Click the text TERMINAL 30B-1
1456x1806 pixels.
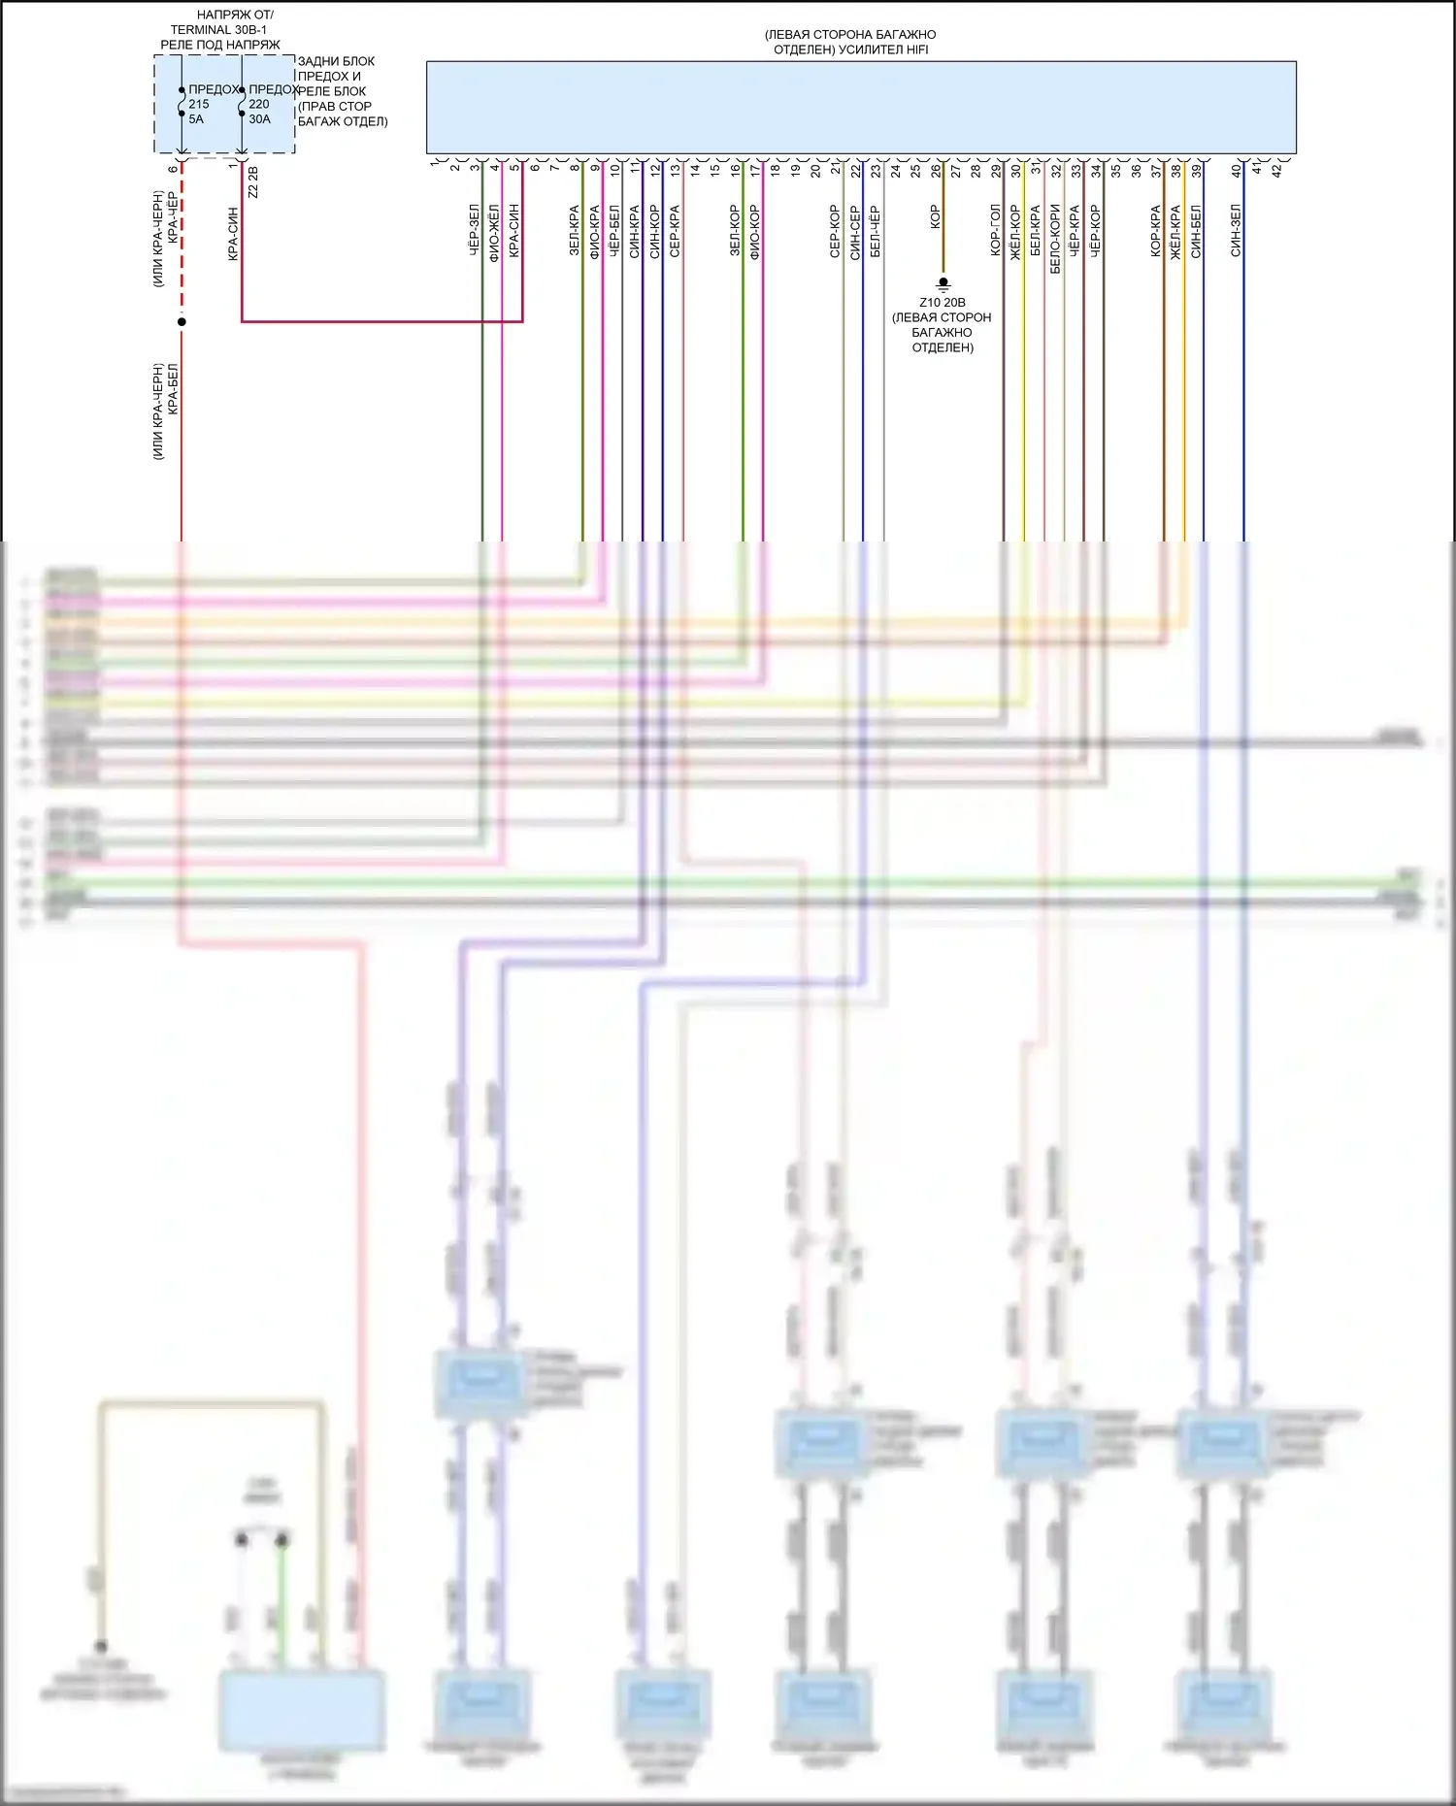point(218,30)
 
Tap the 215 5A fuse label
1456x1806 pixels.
point(198,111)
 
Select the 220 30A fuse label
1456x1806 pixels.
point(259,111)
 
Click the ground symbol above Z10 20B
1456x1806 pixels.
point(943,283)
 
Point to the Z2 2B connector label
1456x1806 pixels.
point(253,181)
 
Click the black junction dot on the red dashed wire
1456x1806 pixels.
point(182,321)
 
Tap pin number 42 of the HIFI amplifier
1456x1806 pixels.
point(1276,170)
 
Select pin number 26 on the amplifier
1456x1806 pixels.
point(936,170)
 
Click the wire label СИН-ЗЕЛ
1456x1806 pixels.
point(1236,230)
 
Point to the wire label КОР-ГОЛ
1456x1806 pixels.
point(996,230)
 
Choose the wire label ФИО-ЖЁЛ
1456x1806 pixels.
point(494,233)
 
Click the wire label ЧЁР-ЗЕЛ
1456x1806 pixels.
point(475,230)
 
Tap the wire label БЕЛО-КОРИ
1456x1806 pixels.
point(1056,238)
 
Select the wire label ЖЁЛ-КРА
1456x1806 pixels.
point(1175,231)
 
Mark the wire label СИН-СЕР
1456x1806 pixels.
point(855,232)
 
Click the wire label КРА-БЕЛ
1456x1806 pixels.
point(174,389)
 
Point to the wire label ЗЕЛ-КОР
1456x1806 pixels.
point(735,231)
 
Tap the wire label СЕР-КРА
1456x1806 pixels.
point(675,231)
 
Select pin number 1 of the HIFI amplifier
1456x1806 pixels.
point(434,163)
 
